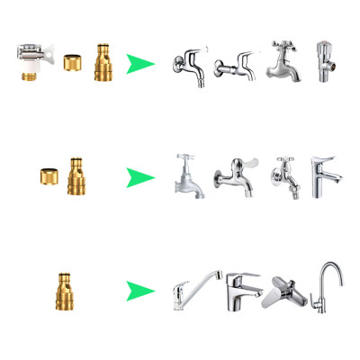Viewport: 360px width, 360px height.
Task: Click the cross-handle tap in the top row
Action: tap(282, 61)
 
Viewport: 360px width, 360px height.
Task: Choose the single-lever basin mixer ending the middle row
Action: tap(325, 176)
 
